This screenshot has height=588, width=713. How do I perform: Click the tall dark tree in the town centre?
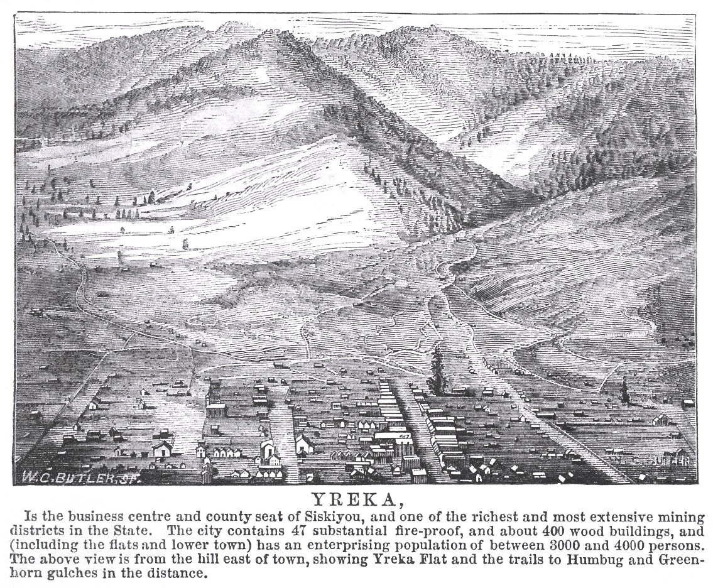point(435,371)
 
